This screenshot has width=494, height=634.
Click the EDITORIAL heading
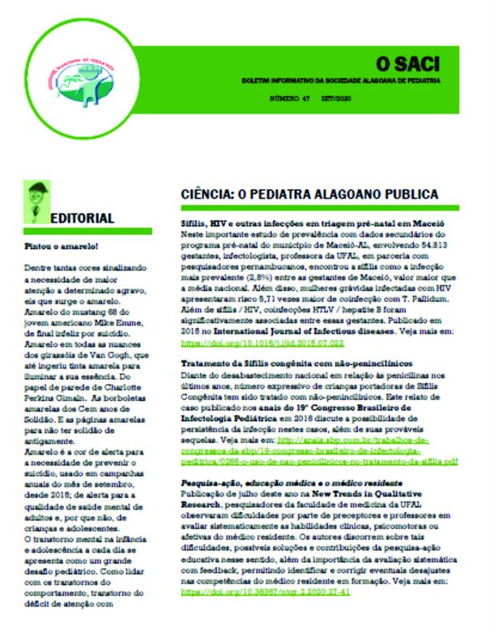[82, 219]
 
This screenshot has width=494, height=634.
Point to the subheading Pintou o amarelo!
[55, 245]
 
